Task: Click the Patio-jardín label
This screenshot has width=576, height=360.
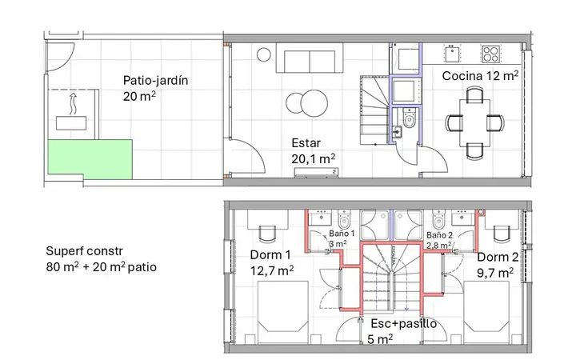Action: click(x=155, y=81)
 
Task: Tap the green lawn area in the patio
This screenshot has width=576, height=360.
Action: click(x=90, y=159)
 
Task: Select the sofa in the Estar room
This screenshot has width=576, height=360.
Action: click(x=310, y=58)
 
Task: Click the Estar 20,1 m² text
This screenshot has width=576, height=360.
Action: click(x=313, y=151)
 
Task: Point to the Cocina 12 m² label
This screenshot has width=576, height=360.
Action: click(x=480, y=76)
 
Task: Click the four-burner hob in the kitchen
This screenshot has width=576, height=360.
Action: click(x=491, y=54)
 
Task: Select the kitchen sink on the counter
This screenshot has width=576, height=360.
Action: click(x=452, y=54)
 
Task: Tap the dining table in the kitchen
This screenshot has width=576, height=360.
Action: click(x=474, y=122)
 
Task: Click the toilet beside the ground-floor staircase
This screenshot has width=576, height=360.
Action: click(x=409, y=118)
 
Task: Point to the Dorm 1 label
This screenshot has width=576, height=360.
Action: click(x=270, y=254)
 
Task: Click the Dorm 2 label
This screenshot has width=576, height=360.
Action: click(x=498, y=257)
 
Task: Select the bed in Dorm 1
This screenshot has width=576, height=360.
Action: click(x=282, y=313)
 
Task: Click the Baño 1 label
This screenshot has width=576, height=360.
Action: click(x=342, y=234)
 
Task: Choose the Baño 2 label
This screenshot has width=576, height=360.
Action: click(x=439, y=234)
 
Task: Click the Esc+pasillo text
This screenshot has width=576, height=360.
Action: click(x=404, y=324)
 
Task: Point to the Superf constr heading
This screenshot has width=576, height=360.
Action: click(x=85, y=251)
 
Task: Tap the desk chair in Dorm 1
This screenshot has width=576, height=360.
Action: click(x=267, y=234)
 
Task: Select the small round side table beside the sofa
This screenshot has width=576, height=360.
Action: click(x=264, y=54)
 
